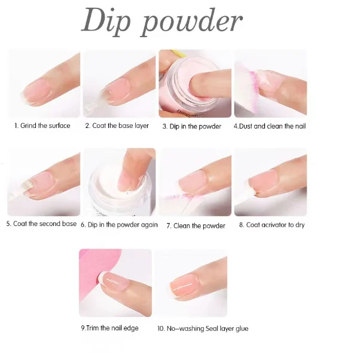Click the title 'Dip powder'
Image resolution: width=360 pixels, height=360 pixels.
pos(161,22)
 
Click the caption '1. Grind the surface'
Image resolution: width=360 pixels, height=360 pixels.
pos(42,126)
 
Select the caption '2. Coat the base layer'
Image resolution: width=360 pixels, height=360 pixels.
pos(117,126)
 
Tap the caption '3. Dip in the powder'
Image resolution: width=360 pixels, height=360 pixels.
pos(191,126)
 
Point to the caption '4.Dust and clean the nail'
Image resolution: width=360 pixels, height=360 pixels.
pos(270,126)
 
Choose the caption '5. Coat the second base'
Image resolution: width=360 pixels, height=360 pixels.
pos(41,224)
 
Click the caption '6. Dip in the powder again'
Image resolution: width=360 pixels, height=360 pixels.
pos(119,225)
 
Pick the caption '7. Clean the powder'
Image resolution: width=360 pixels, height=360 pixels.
pos(196,225)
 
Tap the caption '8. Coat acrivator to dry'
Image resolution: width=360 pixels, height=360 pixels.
pos(271,225)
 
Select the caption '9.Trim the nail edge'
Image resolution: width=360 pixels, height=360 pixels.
pos(109,328)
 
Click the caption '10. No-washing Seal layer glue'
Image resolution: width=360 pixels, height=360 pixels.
pos(203,328)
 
